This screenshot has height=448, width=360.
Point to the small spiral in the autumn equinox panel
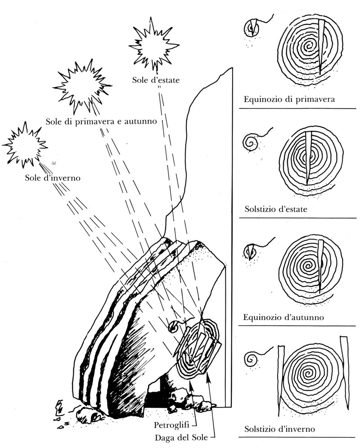click(251, 251)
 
